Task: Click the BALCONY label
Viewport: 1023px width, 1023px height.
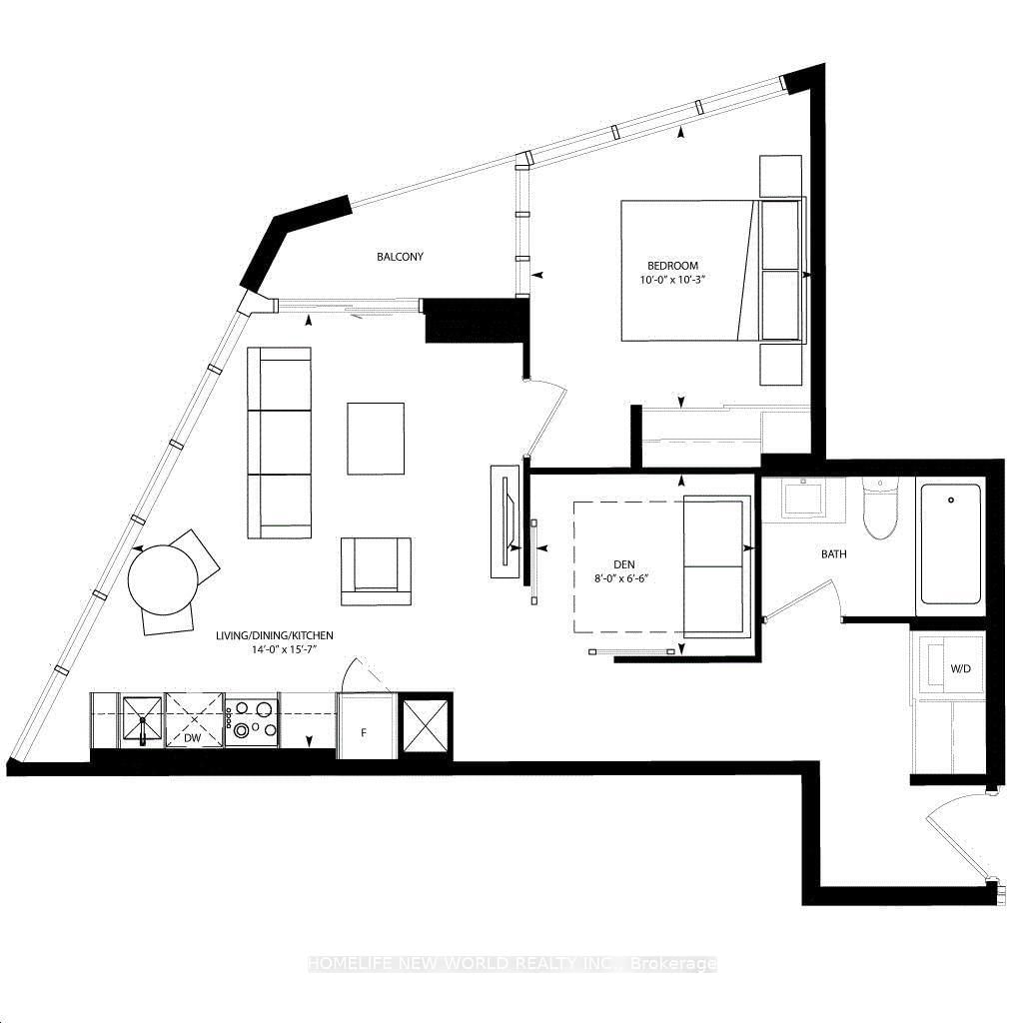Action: [400, 257]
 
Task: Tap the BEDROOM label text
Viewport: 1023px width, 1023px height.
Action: [672, 266]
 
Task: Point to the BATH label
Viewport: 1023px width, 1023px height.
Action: [834, 553]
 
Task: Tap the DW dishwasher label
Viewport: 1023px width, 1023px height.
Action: [195, 737]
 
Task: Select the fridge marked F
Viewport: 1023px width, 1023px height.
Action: [365, 726]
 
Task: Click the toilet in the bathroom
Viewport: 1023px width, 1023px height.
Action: [880, 509]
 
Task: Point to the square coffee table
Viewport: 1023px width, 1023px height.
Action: [376, 439]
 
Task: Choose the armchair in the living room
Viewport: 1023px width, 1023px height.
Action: [376, 570]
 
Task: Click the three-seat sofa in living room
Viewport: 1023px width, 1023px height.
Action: [279, 442]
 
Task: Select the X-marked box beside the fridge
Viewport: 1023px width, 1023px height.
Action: [426, 726]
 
